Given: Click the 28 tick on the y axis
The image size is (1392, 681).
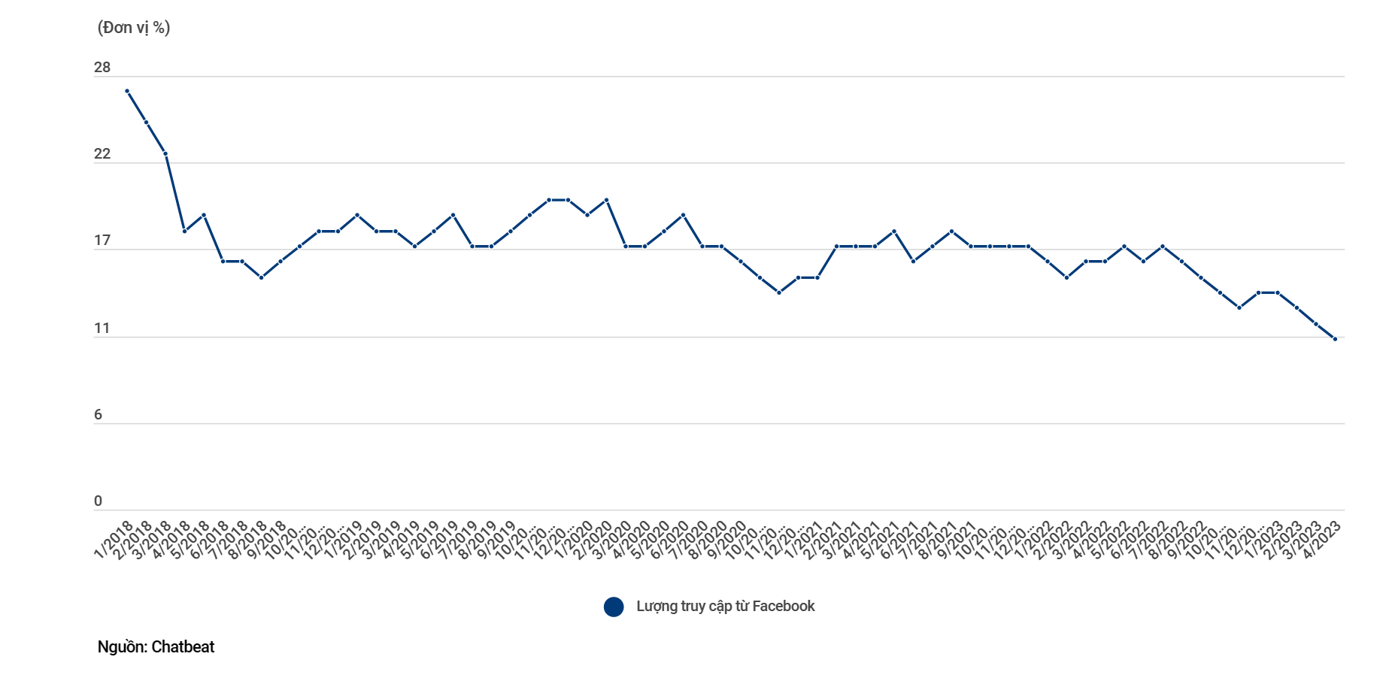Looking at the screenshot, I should [102, 68].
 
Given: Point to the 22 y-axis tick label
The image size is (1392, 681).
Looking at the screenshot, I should [102, 154].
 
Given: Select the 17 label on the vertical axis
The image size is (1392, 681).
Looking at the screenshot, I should [102, 241].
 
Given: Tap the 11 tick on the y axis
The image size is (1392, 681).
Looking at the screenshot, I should [102, 328].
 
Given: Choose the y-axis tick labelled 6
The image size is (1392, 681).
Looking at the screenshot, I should [98, 415].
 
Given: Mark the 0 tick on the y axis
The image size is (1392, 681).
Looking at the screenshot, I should [98, 501].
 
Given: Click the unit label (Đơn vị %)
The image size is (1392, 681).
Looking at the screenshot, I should [134, 28].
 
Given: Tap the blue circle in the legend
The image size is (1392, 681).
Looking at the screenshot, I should [614, 607].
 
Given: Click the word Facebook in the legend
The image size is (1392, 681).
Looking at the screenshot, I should [783, 607].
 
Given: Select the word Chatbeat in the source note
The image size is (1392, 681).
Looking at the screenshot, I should [183, 647].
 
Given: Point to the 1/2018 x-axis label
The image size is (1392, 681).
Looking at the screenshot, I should [113, 540].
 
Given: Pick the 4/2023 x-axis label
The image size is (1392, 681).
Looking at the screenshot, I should [1321, 540].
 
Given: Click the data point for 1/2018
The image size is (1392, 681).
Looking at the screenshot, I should [127, 91].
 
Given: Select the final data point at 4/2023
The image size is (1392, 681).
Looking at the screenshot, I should [1335, 339].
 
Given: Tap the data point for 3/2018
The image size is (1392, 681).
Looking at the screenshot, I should [165, 153].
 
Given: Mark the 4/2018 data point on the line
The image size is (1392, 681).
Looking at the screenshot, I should [184, 231].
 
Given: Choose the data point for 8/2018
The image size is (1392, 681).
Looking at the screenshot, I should [261, 277].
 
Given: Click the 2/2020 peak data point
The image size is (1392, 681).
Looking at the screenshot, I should [606, 200].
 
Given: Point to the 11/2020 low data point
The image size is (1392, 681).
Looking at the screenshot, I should [779, 292].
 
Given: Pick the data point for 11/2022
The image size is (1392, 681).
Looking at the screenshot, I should [1239, 307].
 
